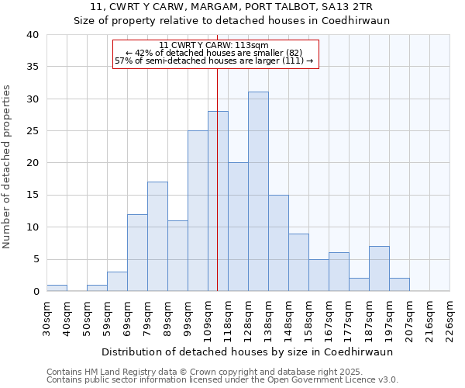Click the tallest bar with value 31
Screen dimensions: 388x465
click(258, 192)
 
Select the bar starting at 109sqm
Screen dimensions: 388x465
click(218, 201)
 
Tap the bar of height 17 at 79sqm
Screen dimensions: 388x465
click(157, 237)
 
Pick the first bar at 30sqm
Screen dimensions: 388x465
click(57, 288)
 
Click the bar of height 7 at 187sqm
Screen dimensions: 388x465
click(379, 268)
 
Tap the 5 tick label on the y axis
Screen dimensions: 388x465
click(35, 259)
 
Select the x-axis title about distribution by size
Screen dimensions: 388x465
click(247, 352)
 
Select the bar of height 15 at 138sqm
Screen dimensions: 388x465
click(278, 243)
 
